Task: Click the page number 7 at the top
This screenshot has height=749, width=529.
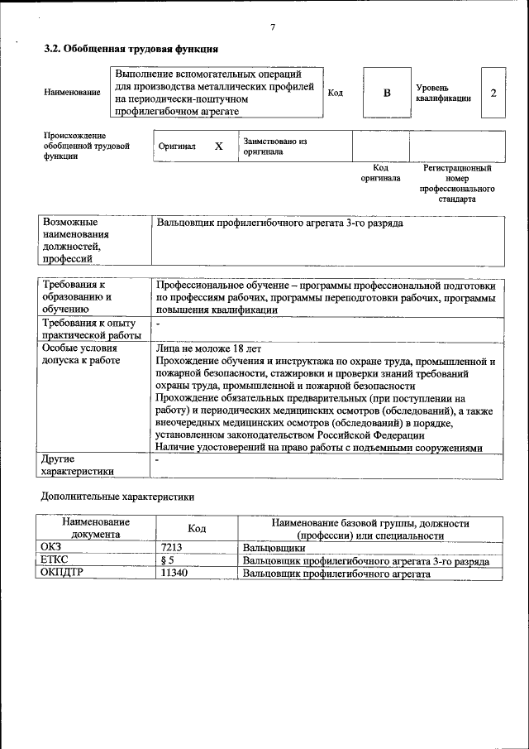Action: [x=272, y=27]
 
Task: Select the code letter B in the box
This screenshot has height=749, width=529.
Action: [x=386, y=93]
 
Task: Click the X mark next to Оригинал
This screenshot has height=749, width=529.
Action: [x=219, y=146]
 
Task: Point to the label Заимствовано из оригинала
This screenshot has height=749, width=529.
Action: [x=274, y=146]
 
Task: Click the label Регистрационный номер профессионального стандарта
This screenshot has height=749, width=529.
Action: [x=457, y=183]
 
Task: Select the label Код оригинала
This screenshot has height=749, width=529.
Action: [x=380, y=172]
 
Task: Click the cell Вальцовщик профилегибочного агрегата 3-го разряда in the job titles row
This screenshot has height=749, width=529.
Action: [x=279, y=223]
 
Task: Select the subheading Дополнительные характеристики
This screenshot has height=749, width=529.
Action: [x=117, y=497]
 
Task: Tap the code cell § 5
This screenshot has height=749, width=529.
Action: [x=168, y=560]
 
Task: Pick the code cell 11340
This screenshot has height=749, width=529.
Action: [x=174, y=573]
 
